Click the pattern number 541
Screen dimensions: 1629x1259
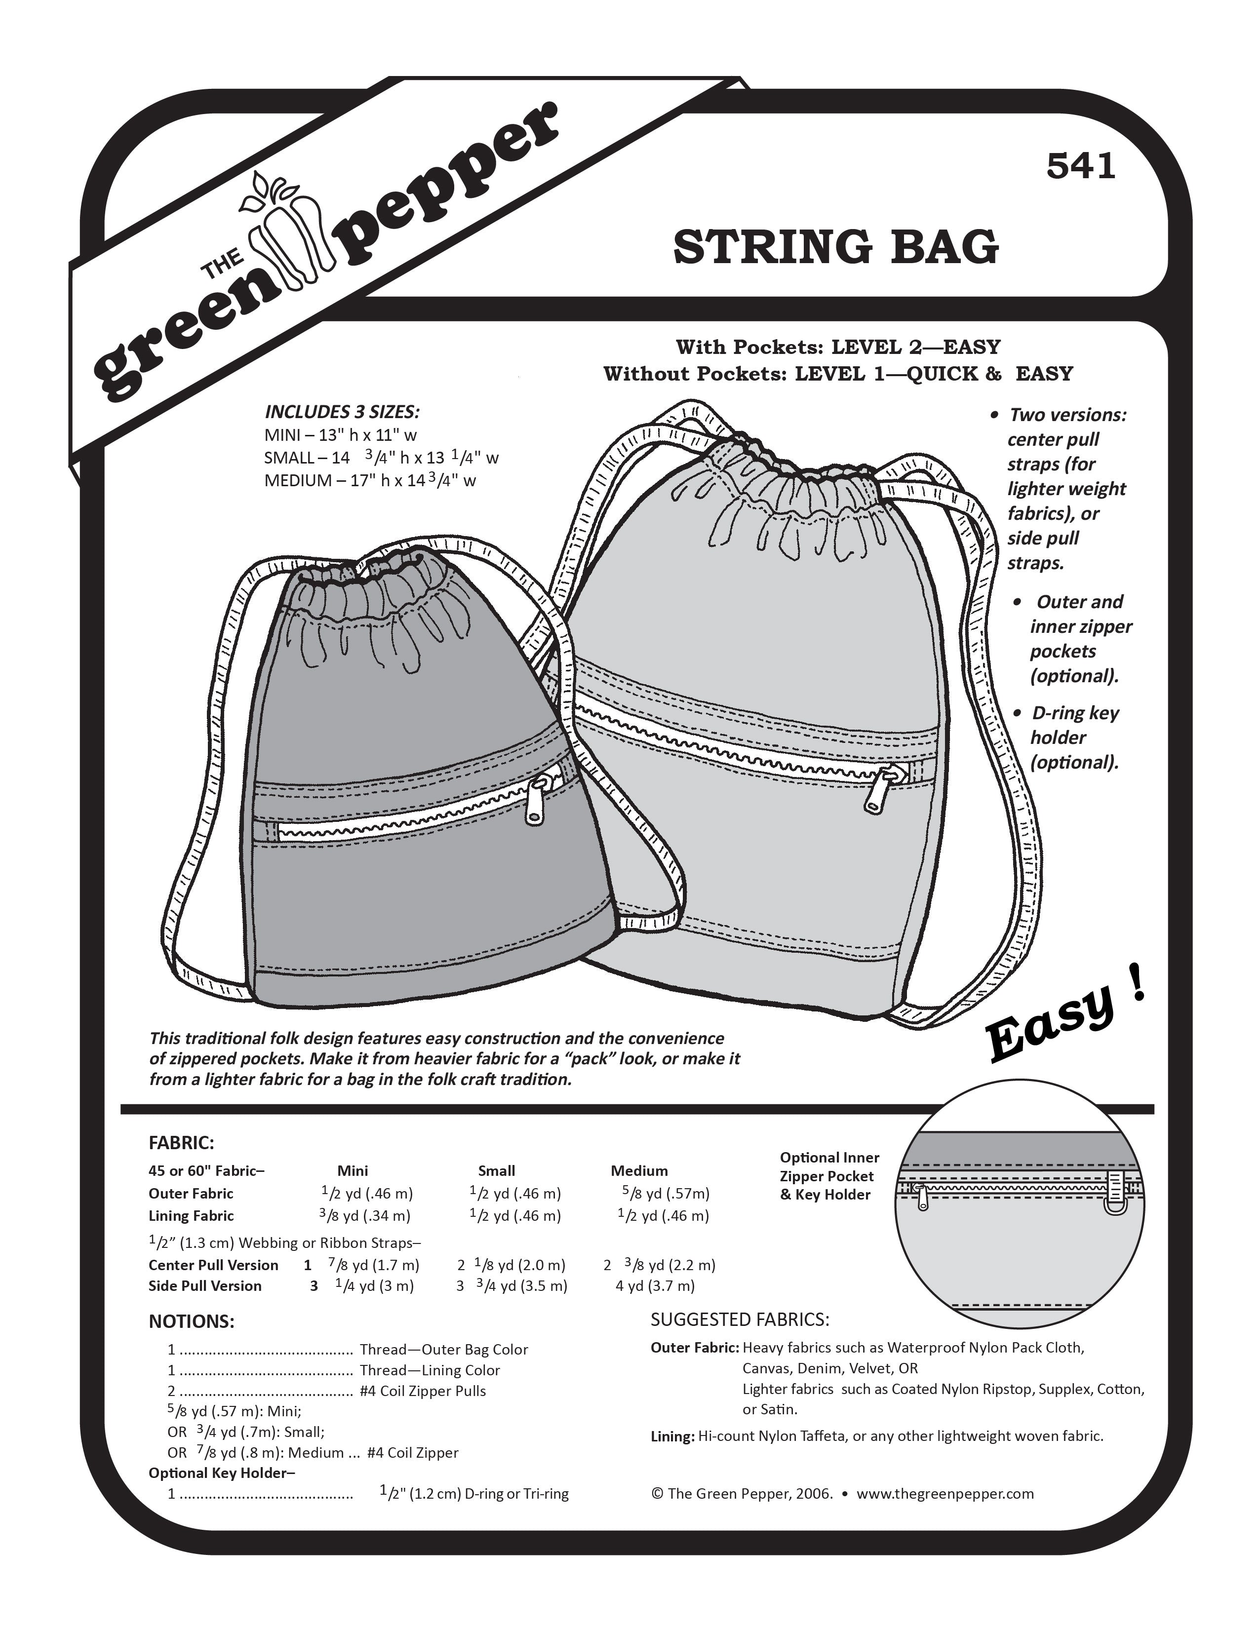(1081, 166)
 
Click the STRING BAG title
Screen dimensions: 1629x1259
(835, 247)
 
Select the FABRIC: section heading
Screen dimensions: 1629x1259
(181, 1143)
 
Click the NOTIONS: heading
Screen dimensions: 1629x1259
(191, 1321)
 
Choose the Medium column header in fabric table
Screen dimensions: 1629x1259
(639, 1171)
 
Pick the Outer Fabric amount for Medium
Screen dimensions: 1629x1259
(666, 1194)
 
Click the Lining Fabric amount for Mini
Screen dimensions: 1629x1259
(365, 1216)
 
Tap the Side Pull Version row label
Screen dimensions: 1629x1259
(204, 1286)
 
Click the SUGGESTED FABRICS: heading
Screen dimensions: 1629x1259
(740, 1319)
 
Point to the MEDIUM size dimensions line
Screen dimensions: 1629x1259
(370, 480)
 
